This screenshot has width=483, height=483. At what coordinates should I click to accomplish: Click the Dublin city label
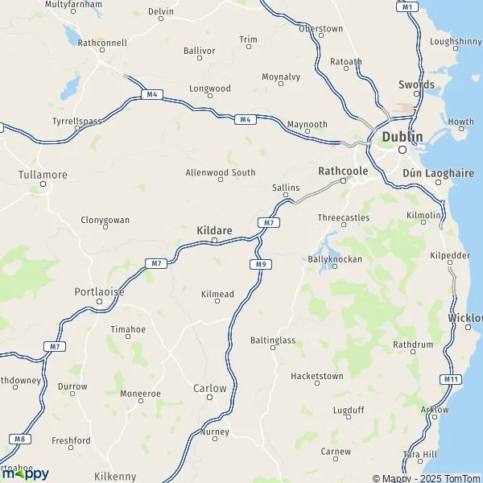[402, 137]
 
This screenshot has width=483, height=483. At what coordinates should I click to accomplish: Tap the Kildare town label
[214, 230]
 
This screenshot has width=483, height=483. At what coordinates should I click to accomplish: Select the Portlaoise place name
[99, 291]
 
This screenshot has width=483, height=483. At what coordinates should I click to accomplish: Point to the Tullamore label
[43, 174]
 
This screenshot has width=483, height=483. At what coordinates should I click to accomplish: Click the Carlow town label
[210, 388]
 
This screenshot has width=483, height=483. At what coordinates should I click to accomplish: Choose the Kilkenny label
[115, 477]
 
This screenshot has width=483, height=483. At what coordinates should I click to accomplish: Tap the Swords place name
[416, 85]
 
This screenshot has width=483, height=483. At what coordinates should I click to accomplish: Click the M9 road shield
[258, 264]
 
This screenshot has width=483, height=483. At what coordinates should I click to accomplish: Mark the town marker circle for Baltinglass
[275, 351]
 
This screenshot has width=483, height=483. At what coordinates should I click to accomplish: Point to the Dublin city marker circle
[402, 149]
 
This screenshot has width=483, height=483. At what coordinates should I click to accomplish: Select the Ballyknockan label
[335, 259]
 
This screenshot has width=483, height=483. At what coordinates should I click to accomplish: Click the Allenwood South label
[220, 172]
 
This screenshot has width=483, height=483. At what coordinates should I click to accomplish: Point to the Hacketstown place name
[316, 376]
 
